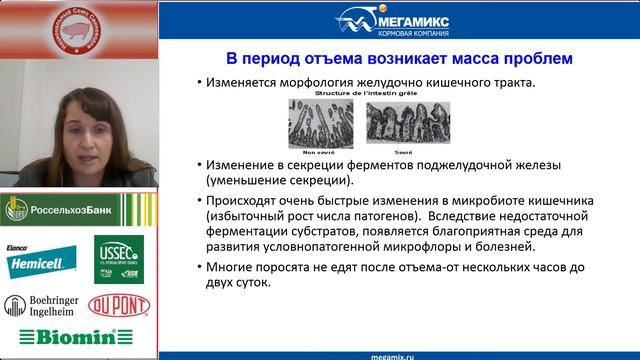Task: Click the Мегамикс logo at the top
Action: coord(397,20)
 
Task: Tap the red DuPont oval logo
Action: coord(119,305)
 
